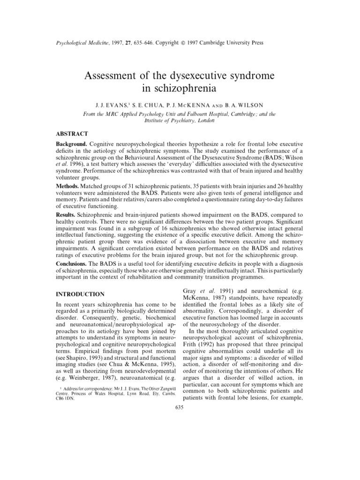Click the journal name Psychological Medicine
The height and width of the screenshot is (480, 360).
pos(75,43)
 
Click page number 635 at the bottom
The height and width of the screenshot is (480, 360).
pos(180,407)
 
